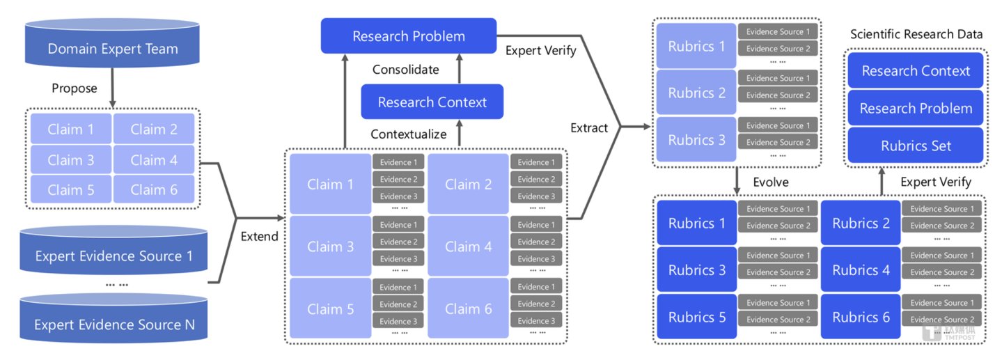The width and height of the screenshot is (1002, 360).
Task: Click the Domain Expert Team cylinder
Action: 112,43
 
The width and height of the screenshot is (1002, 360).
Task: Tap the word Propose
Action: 75,88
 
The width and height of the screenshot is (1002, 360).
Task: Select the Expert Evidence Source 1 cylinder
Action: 113,251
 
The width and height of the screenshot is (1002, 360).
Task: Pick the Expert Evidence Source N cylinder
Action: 113,318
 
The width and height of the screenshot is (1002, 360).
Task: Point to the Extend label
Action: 260,236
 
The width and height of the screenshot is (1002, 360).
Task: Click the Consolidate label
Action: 406,70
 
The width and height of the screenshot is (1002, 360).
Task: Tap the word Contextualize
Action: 409,134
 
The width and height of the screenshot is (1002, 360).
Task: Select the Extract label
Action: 589,128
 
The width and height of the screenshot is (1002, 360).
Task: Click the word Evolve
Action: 771,182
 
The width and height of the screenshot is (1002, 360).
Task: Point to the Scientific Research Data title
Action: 916,34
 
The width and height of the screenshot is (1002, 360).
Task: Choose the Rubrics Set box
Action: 916,146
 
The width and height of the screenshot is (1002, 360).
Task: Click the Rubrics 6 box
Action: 861,317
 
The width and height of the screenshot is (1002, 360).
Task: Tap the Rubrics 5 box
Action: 696,317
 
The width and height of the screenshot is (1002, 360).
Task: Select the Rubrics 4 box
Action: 861,269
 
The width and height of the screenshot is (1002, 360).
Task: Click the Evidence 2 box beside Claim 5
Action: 398,304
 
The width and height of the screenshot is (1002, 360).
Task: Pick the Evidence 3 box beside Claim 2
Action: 536,196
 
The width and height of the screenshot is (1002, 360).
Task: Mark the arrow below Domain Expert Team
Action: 112,88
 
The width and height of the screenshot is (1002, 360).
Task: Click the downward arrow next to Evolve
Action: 737,181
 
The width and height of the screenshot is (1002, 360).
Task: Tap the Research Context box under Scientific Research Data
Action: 916,70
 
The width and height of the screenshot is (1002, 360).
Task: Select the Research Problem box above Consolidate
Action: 409,36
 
